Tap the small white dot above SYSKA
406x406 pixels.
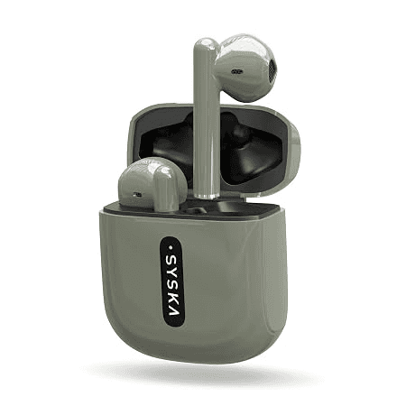171,248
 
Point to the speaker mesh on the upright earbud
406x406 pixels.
271,69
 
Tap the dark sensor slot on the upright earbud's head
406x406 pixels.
236,71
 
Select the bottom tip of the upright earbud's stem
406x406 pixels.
207,196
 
